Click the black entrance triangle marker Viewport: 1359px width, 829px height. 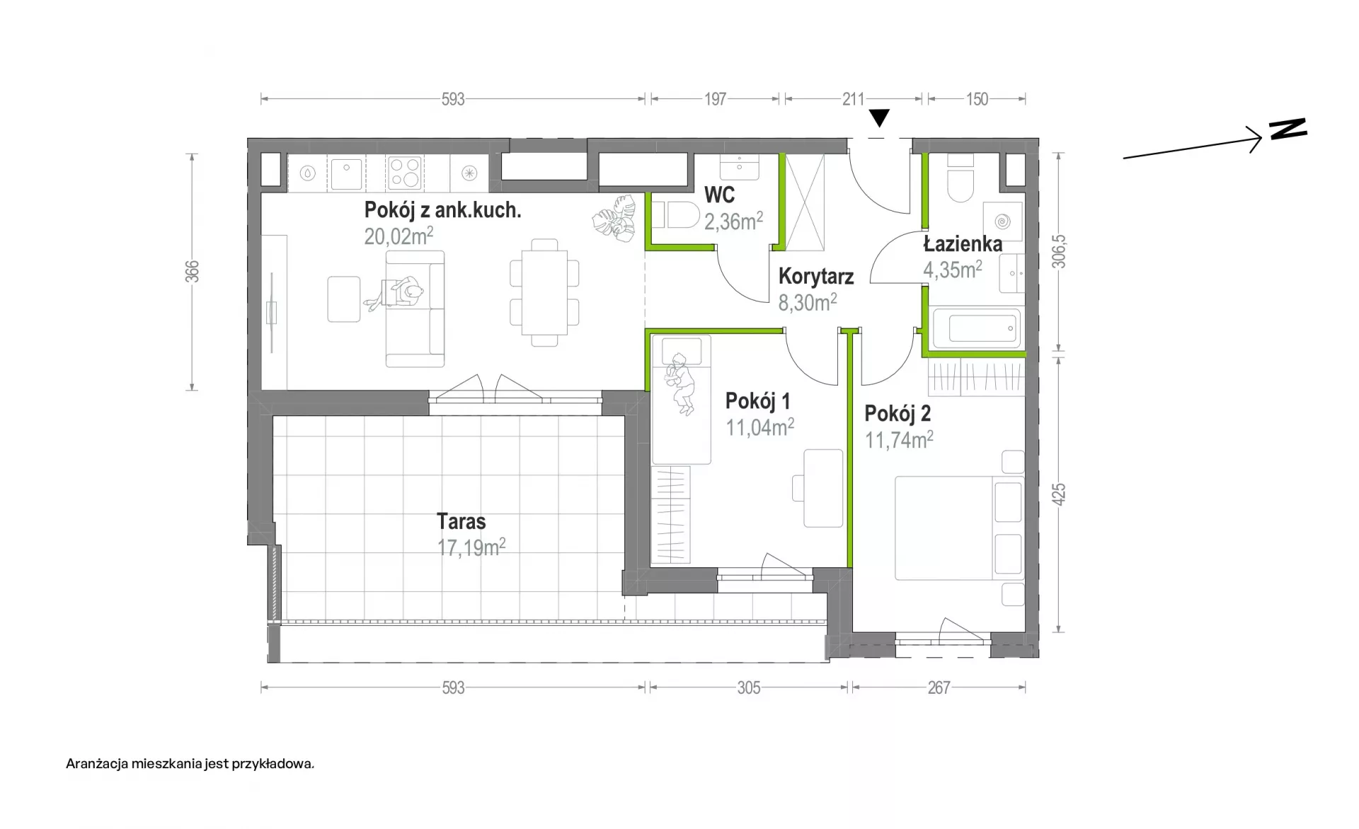(x=879, y=118)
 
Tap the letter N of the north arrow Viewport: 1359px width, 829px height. (x=1288, y=129)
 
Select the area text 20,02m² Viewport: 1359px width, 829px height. (x=398, y=236)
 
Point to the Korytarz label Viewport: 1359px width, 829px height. (x=816, y=276)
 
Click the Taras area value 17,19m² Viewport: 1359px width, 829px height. (x=471, y=547)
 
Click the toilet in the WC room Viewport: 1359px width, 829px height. (x=675, y=214)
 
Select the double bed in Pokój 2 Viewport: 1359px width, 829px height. (x=959, y=528)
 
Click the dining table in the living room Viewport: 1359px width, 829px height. (x=544, y=292)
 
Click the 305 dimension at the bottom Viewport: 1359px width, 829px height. (x=749, y=688)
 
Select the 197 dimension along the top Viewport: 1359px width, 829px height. (x=715, y=99)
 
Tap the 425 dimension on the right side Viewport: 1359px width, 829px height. (x=1058, y=494)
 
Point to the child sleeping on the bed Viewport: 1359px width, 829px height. (x=680, y=383)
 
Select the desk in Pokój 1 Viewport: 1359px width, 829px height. (x=823, y=488)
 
